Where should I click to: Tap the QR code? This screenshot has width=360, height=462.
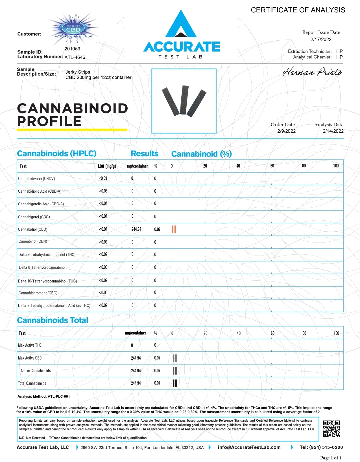(x=331, y=429)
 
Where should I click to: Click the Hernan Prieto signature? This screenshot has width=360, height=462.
(x=312, y=72)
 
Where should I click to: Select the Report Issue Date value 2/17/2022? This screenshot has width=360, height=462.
(x=321, y=39)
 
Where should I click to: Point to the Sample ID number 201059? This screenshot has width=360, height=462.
(x=72, y=49)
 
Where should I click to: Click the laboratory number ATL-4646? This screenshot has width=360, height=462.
(x=75, y=57)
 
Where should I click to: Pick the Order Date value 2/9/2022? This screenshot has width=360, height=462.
(x=286, y=131)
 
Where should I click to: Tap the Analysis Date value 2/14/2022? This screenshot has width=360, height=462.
(x=333, y=131)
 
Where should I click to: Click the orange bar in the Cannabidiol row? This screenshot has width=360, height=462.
(x=174, y=229)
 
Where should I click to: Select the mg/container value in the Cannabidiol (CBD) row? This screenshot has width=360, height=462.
(x=136, y=229)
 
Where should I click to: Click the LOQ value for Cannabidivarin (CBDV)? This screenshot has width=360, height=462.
(x=103, y=178)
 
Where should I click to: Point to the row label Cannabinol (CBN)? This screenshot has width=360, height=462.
(x=33, y=241)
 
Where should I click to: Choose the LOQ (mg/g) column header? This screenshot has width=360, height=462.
(x=107, y=166)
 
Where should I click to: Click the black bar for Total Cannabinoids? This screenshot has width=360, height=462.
(x=175, y=383)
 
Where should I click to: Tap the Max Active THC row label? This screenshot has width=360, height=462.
(x=30, y=345)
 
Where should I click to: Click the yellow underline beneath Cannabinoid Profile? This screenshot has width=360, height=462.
(x=72, y=130)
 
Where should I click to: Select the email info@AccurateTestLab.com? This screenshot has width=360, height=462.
(x=249, y=447)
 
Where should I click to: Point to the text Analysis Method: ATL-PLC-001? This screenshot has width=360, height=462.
(x=44, y=397)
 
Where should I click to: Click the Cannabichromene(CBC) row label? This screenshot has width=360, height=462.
(x=38, y=293)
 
